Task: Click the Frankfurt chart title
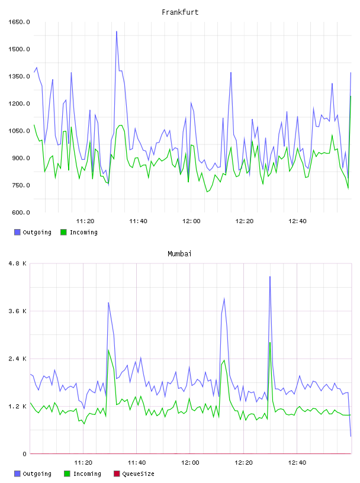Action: click(180, 12)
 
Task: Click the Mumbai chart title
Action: click(179, 254)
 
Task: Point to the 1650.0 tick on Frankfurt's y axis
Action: click(19, 22)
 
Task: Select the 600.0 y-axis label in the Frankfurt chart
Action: click(21, 212)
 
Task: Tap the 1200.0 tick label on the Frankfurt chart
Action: click(19, 104)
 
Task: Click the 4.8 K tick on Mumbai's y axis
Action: click(18, 263)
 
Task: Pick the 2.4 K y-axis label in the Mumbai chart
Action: click(18, 359)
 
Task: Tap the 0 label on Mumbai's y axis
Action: click(25, 454)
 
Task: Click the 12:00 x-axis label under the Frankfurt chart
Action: click(191, 221)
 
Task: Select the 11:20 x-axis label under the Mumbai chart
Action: click(83, 463)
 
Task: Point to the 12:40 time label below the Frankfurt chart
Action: click(297, 221)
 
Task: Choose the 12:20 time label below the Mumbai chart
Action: click(243, 463)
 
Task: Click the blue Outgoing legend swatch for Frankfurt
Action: click(17, 232)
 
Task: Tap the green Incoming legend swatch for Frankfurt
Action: click(63, 232)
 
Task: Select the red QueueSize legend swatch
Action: click(117, 474)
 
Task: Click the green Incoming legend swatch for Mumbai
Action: click(67, 474)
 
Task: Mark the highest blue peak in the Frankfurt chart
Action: click(117, 31)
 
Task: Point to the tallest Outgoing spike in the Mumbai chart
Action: click(270, 276)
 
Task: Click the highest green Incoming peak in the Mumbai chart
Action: click(270, 342)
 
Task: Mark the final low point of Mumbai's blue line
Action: click(351, 436)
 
